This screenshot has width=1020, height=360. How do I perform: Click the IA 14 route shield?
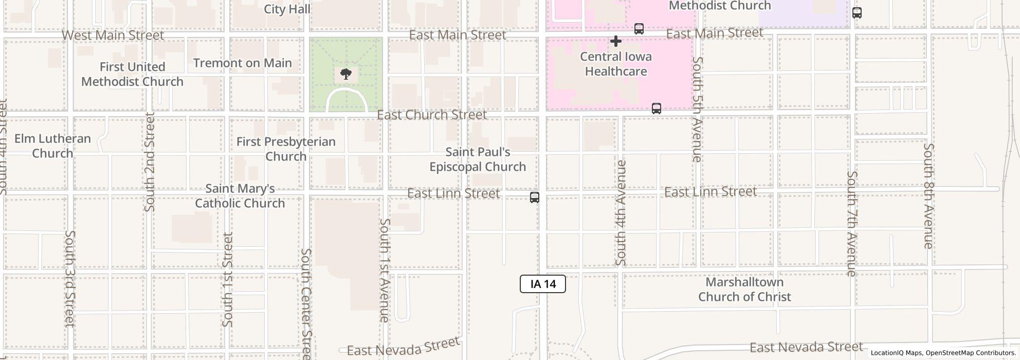point(542,284)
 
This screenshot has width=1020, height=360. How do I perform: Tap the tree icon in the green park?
point(346,75)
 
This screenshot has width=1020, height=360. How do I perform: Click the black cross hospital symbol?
point(615,41)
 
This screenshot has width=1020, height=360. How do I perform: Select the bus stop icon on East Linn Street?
point(535,197)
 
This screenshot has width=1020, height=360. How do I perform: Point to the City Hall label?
point(287,9)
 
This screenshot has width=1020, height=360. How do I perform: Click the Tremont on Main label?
point(243,63)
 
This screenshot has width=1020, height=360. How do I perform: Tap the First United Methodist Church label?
point(132,74)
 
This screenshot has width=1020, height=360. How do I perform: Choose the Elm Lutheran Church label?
point(52,146)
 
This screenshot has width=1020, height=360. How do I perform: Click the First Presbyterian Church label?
point(286,149)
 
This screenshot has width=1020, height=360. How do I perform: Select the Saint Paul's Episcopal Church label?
point(478,159)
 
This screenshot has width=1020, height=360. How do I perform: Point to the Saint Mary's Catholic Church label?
point(240,196)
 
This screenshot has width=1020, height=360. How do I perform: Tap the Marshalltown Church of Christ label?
point(744,290)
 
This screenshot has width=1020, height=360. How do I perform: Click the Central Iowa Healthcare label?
point(616,64)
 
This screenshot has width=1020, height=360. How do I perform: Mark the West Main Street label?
point(113,35)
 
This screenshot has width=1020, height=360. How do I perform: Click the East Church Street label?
point(432,115)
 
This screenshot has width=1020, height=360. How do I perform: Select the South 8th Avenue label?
point(928,196)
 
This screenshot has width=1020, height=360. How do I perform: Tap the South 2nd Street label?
point(150,162)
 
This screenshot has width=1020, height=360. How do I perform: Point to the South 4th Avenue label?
point(621,212)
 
